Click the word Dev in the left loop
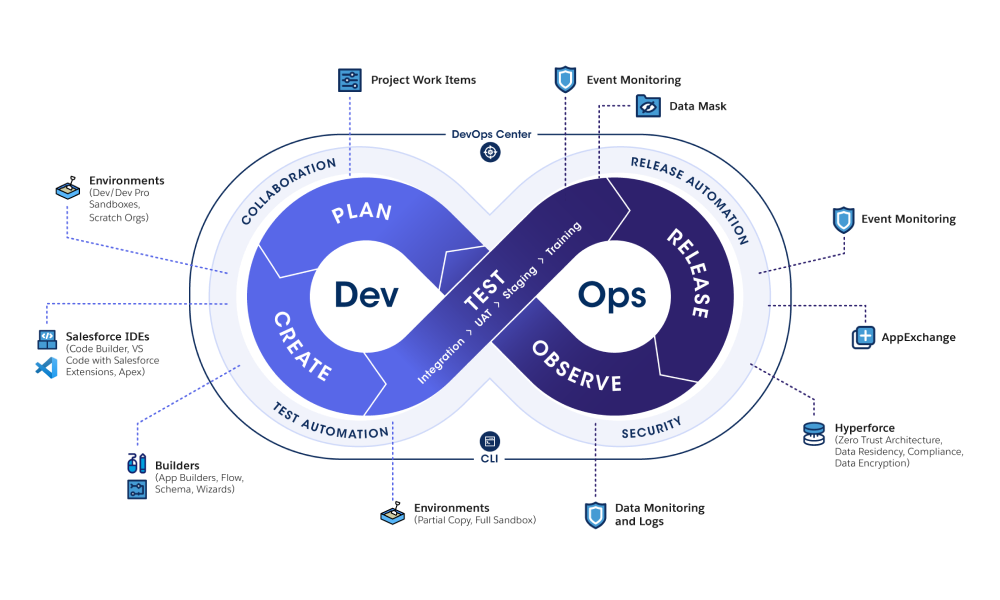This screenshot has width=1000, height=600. pos(366,295)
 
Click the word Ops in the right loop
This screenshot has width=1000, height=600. pos(612,296)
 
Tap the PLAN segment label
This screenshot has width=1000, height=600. pos(362,212)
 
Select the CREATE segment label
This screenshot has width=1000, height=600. pos(302,346)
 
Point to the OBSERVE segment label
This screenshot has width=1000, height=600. pos(577,367)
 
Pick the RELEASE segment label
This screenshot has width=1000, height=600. pos(688,273)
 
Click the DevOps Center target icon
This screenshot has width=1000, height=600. pos(490,152)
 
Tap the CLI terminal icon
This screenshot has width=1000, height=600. pos(490,441)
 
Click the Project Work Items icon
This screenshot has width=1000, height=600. pos(349,80)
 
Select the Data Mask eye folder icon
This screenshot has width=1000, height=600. pos(648,106)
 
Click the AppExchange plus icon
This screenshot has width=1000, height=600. pos(864,337)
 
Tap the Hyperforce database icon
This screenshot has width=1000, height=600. pos(814,434)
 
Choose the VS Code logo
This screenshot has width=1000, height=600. pos(47,368)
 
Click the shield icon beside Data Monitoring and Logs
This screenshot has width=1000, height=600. pos(596,515)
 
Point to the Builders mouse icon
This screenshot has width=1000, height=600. pos(136,463)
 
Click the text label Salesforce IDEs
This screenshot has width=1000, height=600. pos(107,336)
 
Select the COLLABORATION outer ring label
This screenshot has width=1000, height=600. pos(288,191)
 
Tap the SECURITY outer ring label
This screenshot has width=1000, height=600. pos(652,428)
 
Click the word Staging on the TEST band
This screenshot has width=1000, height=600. pos(520,283)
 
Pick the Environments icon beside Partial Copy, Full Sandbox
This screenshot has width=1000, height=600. pos(392,513)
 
